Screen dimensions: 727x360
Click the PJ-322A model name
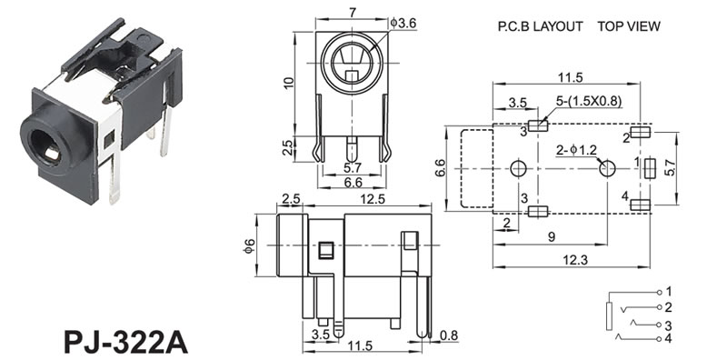125,342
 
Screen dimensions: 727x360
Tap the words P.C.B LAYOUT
540,26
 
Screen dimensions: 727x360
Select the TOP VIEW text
629,26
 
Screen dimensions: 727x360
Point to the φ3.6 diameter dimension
403,23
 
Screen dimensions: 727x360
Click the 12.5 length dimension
370,199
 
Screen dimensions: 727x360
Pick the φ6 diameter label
249,245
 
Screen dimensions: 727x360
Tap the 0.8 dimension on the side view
448,334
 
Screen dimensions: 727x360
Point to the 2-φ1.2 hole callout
576,149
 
